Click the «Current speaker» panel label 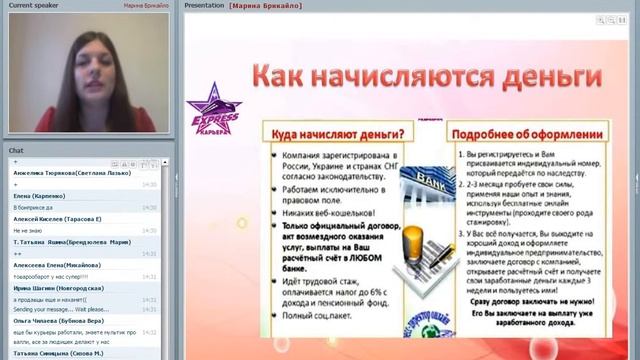coord(35,5)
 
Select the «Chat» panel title coord(16,150)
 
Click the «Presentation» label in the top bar coord(204,5)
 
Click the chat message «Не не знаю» coord(24,230)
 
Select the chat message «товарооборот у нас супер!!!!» coord(51,276)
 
